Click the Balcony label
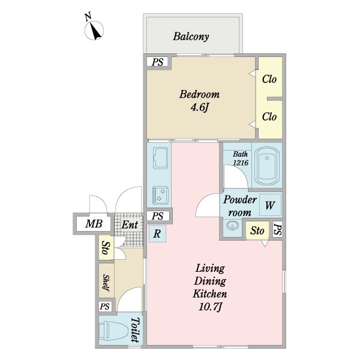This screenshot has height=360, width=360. coord(191,37)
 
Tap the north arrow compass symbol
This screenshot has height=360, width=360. coord(94,31)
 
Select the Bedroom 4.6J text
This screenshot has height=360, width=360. coord(200,101)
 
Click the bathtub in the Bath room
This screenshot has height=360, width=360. coord(267,166)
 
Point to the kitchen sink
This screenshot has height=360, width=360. coord(161,158)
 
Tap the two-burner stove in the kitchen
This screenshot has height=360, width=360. coord(161,195)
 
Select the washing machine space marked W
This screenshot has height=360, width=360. coord(270,205)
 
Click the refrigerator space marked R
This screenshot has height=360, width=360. coord(157,233)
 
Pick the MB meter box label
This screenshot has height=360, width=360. coord(94,224)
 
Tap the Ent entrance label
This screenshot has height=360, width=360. coord(130,225)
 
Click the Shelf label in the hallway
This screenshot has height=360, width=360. coord(106,283)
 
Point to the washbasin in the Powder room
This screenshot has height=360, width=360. coord(232,226)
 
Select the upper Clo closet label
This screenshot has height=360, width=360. coord(269,79)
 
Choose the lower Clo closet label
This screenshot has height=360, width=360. coord(269,116)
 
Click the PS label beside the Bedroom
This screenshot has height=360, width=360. coord(158,62)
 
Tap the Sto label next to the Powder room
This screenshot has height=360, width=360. coord(257,230)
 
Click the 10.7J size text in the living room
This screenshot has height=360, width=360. coord(211,307)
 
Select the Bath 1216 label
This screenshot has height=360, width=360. coord(241,158)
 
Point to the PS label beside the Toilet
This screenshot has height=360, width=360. coord(104,306)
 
